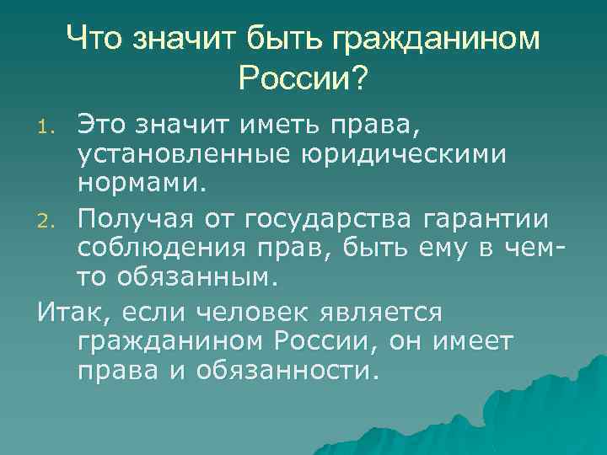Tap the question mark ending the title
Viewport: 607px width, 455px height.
359,79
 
